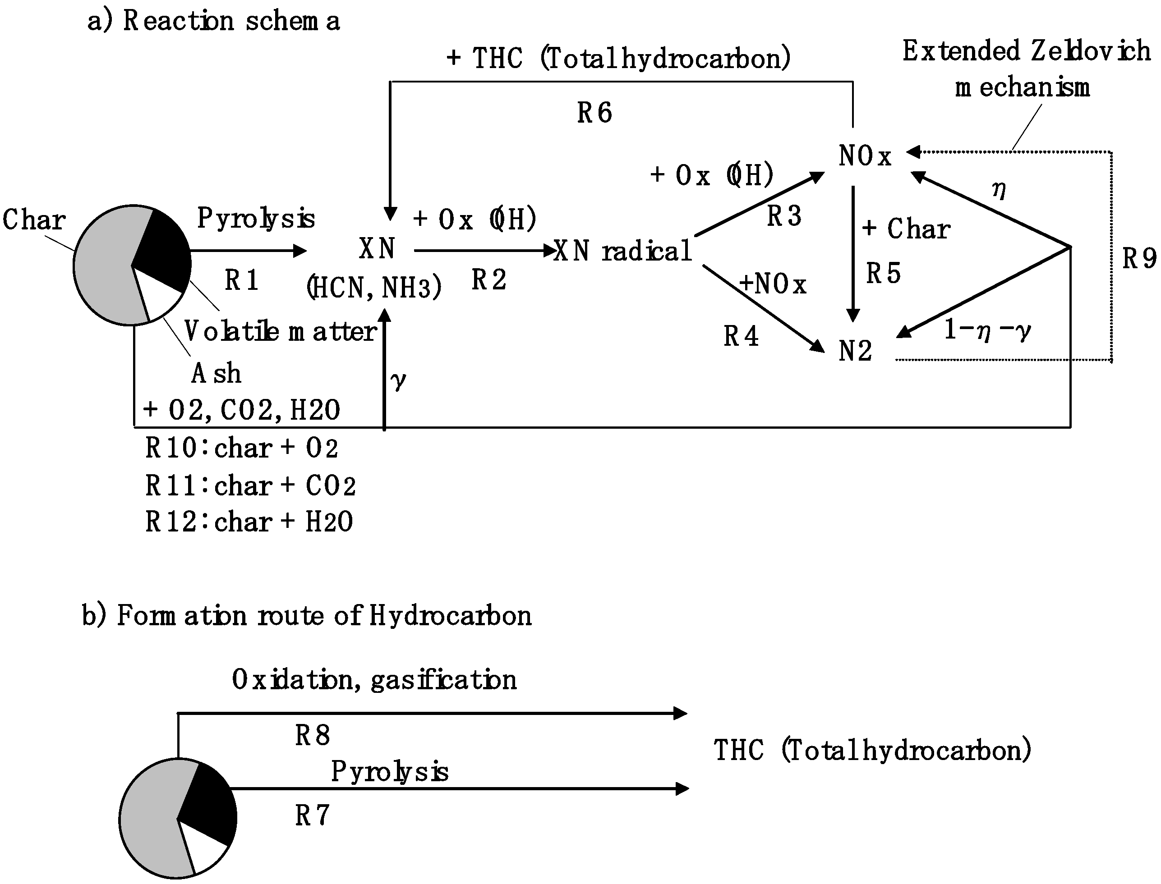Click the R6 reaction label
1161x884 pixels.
coord(594,113)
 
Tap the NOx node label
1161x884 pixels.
coord(865,156)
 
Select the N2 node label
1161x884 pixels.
coord(855,351)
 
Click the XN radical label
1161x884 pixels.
coord(622,251)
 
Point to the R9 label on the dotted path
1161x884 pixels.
coord(1139,259)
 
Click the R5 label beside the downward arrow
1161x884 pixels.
coord(883,273)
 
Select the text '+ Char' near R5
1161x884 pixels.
coord(906,229)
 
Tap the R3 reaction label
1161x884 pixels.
coord(784,216)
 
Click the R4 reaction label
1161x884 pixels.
coord(741,336)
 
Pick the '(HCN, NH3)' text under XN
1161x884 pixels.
coord(374,288)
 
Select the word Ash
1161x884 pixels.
coord(216,374)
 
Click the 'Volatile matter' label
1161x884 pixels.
coord(281,331)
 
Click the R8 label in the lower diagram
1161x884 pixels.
coord(312,735)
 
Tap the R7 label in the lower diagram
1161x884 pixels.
coord(312,815)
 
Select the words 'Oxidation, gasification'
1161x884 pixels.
coord(374,680)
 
